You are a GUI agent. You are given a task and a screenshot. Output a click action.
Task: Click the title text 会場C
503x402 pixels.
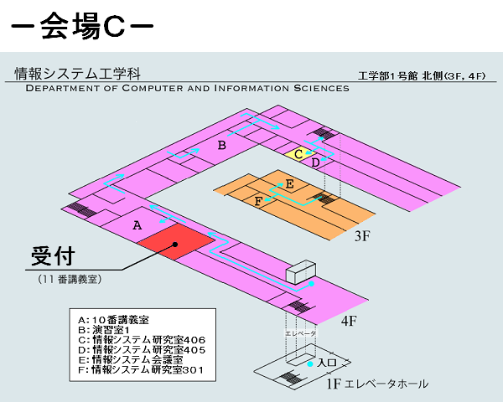pos(82,26)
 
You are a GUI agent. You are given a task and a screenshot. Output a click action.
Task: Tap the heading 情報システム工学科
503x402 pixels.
pos(78,74)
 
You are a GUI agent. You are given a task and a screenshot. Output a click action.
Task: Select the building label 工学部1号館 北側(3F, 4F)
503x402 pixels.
pos(422,76)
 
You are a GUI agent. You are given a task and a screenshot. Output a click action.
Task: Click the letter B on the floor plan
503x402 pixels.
pos(222,145)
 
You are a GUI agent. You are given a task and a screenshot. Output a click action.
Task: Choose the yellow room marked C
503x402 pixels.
pos(299,154)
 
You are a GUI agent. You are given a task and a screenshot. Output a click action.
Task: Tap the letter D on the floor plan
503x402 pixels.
pos(316,162)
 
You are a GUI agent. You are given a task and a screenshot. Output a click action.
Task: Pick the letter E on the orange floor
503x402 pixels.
pos(290,184)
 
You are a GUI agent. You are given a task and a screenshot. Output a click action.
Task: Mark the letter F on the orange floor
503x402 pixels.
pos(258,201)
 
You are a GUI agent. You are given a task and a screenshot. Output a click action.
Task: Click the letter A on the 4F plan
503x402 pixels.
pos(137,225)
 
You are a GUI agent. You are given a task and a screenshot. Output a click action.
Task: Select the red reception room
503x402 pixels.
pos(176,242)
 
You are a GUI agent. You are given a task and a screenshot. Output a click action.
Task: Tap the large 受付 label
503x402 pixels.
pos(53,256)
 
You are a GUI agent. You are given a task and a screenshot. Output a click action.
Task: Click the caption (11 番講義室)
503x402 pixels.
pos(70,279)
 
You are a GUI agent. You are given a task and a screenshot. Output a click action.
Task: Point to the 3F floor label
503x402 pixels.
pos(362,236)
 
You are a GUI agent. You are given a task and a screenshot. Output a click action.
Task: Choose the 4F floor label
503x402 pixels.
pos(349,321)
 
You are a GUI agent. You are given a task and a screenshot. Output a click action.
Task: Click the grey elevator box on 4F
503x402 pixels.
pos(301,272)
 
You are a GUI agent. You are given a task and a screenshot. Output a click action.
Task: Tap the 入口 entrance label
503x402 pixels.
pos(327,363)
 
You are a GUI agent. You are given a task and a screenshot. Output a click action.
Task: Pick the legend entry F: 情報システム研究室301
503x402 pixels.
pos(141,370)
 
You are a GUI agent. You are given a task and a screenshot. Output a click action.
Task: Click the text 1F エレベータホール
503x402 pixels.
pos(377,384)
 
